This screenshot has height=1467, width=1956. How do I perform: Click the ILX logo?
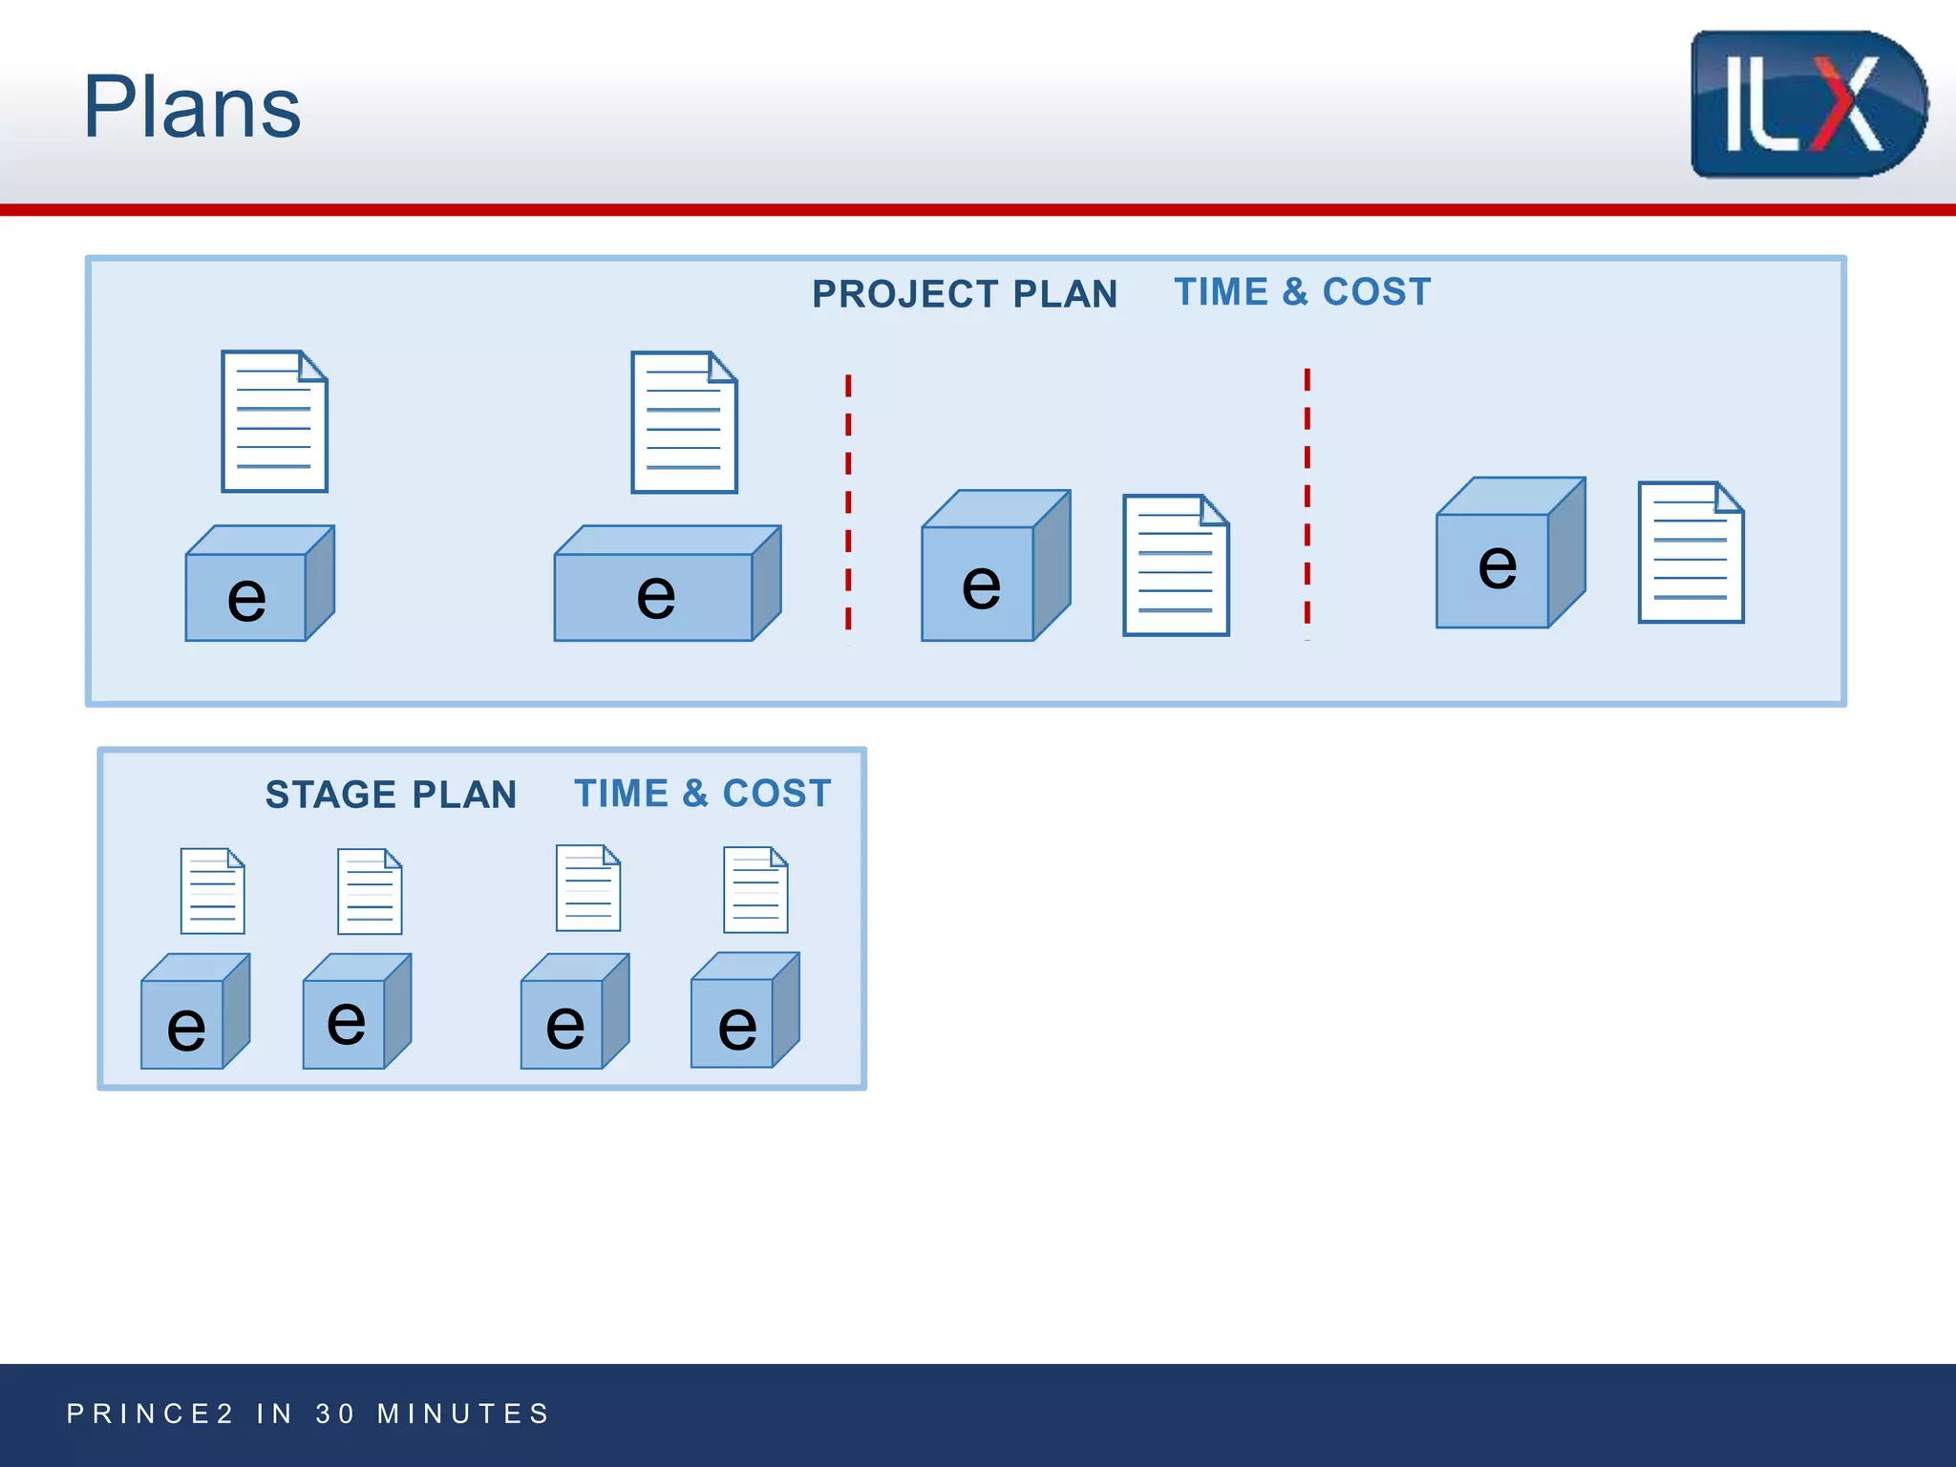(x=1808, y=103)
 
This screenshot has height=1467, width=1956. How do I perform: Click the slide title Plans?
(x=192, y=107)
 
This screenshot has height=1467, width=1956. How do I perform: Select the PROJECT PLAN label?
(x=965, y=294)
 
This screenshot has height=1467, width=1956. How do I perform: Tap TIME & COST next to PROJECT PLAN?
(x=1303, y=292)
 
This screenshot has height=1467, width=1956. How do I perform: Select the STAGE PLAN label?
(x=391, y=795)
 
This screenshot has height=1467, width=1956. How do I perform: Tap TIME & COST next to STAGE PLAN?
(x=703, y=794)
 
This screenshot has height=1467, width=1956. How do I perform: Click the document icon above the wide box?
(x=684, y=422)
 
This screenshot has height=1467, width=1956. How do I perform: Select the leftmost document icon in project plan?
(x=274, y=421)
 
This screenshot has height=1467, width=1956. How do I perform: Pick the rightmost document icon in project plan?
(x=1690, y=552)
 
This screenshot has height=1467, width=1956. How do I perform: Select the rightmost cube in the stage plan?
(x=743, y=1012)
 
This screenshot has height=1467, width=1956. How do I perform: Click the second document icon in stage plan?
(x=370, y=891)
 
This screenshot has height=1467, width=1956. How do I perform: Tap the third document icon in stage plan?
(x=588, y=888)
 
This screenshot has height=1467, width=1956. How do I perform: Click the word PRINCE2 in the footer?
(x=150, y=1414)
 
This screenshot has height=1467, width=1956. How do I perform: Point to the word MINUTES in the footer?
(x=464, y=1414)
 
